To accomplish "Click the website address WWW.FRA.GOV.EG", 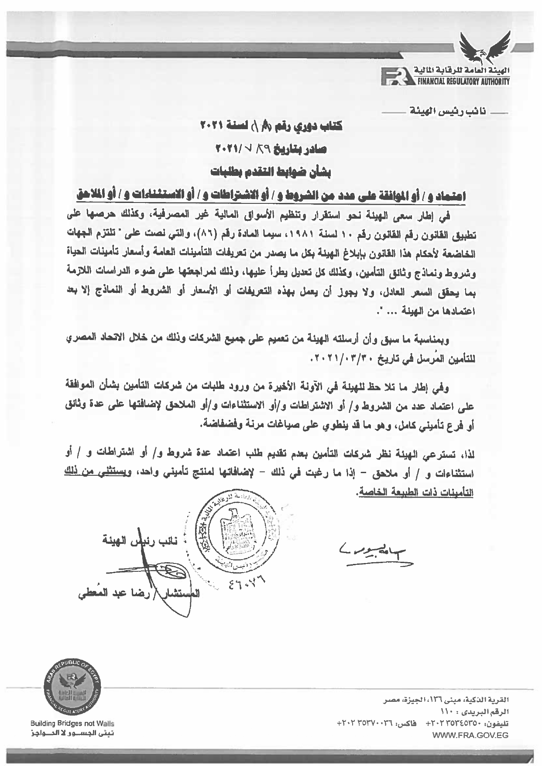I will click(470, 735).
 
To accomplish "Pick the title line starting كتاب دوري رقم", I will click(271, 126).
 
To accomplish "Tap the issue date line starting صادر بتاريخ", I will click(271, 149).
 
